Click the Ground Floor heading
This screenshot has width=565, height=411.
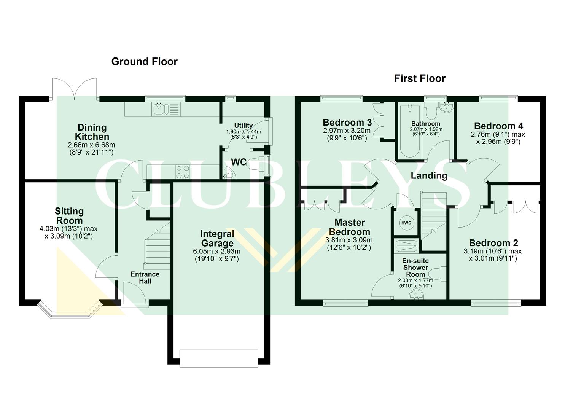(144, 61)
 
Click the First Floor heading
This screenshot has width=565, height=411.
(419, 78)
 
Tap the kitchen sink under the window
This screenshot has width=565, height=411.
(159, 109)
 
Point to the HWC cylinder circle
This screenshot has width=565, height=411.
(406, 223)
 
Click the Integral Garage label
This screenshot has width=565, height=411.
(217, 239)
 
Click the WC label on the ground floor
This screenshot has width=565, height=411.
(239, 162)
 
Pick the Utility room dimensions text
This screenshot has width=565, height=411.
(244, 134)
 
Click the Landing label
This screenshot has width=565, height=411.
(429, 175)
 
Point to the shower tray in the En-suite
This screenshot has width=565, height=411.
(406, 246)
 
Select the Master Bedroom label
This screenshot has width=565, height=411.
(349, 227)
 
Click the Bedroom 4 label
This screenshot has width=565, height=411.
(498, 126)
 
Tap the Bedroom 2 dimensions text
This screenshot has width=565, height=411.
(492, 255)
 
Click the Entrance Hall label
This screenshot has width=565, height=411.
(145, 277)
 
